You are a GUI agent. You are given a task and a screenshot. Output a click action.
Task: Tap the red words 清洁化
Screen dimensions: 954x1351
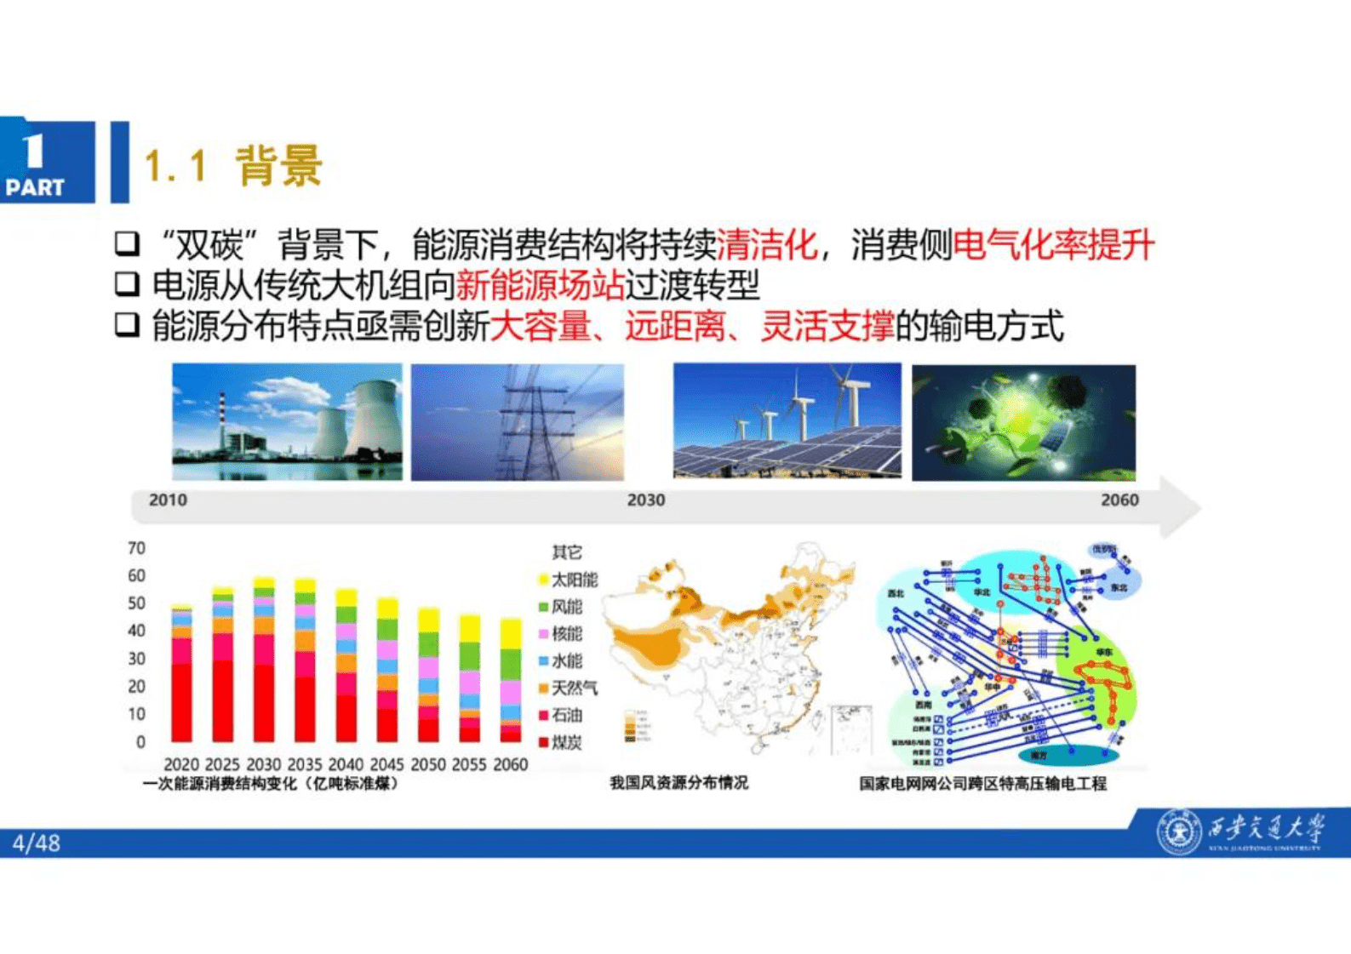point(766,245)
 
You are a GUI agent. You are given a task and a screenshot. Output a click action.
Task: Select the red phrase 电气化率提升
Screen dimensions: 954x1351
point(1053,245)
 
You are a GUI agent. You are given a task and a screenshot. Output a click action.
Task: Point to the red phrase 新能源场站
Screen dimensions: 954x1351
point(540,285)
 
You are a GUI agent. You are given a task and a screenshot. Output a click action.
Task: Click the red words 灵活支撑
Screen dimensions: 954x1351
point(826,326)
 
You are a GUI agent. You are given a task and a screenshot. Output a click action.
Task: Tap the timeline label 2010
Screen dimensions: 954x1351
point(168,500)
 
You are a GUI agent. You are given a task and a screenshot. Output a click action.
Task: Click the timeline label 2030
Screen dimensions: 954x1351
point(645,500)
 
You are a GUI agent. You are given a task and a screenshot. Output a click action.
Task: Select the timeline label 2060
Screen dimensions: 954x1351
point(1119,500)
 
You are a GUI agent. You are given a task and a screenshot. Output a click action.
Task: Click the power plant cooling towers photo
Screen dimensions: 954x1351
point(287,422)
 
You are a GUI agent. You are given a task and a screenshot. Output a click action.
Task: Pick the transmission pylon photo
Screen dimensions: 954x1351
point(518,422)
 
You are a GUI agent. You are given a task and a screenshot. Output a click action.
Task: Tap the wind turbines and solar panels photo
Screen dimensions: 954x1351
point(787,420)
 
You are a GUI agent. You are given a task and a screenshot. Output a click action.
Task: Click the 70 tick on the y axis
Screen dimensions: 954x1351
point(136,548)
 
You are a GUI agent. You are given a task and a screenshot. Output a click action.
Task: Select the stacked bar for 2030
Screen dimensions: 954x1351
point(264,660)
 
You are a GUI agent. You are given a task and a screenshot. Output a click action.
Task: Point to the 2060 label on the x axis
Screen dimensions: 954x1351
point(510,764)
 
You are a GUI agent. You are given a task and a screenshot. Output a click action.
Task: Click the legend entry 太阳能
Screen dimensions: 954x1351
point(573,580)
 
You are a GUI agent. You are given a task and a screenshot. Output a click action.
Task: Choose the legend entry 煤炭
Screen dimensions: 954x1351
point(565,742)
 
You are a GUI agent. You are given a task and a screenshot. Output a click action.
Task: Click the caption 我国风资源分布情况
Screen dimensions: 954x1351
point(678,782)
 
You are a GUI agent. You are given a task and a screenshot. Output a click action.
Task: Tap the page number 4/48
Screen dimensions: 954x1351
point(37,843)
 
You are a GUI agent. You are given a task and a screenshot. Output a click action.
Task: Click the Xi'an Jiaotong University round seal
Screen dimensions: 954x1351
point(1178,831)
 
